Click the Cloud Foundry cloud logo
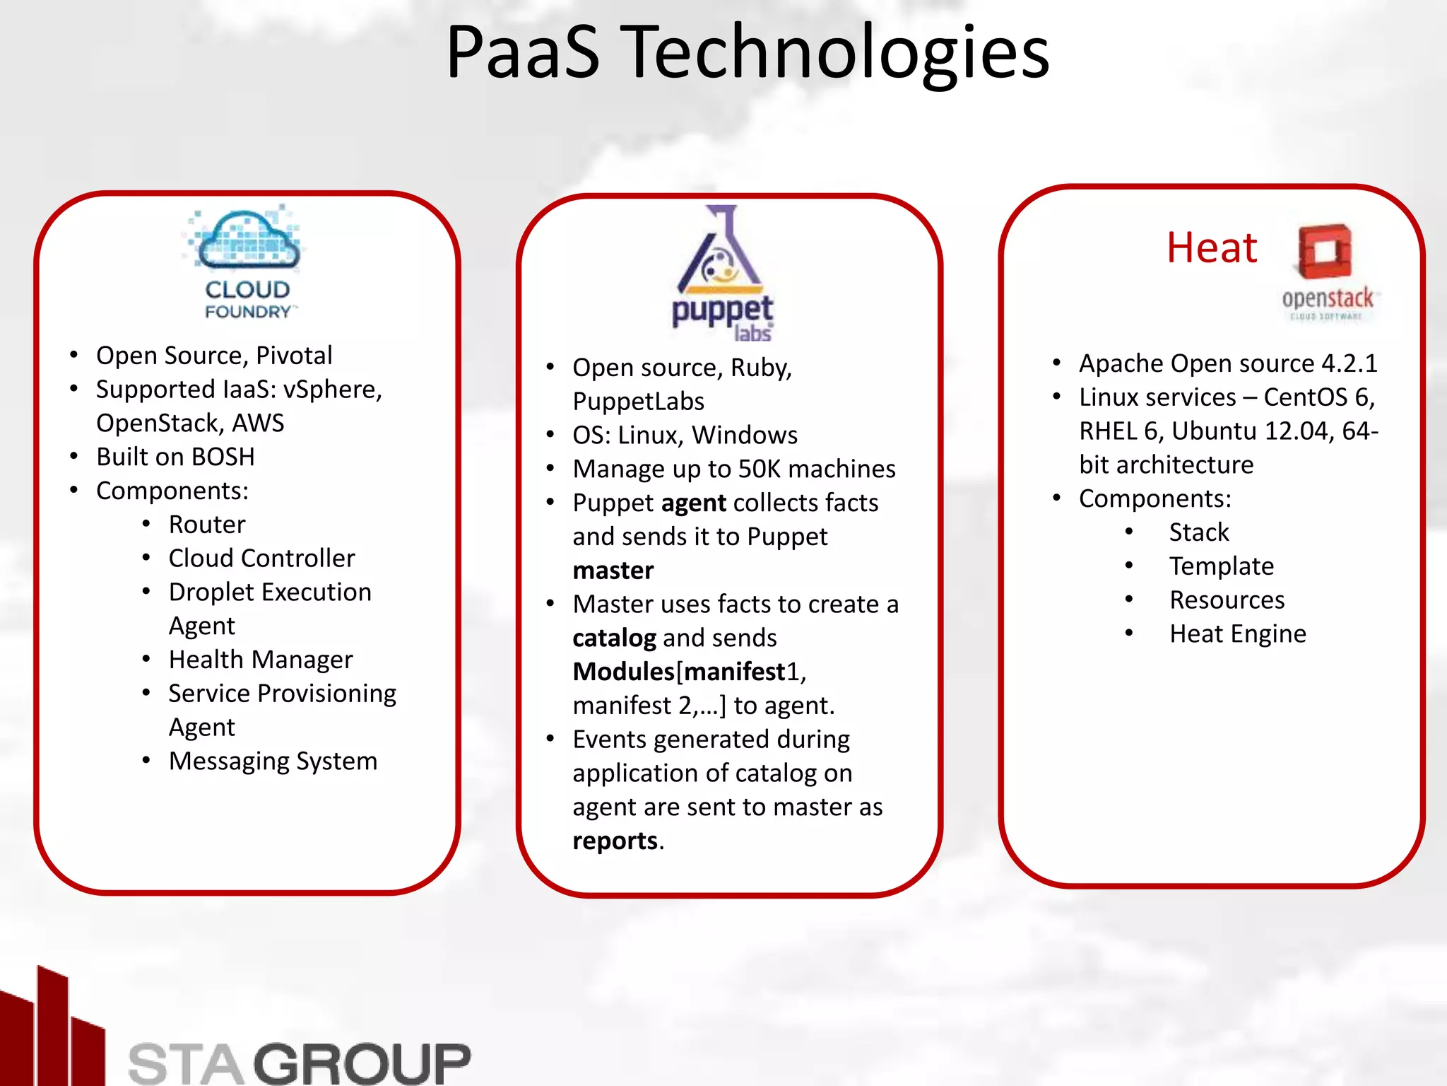tap(247, 241)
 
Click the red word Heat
tap(1211, 248)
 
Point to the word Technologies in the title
tap(838, 52)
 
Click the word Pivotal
tap(294, 356)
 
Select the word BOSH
tap(223, 457)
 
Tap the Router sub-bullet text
tap(207, 525)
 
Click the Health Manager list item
tap(261, 660)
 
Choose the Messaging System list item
tap(273, 761)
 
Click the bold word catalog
tap(614, 638)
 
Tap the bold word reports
tap(615, 841)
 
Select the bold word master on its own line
tap(613, 571)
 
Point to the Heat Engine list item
tap(1237, 634)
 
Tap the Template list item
tap(1222, 566)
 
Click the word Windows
tap(745, 436)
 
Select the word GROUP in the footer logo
tap(362, 1063)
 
